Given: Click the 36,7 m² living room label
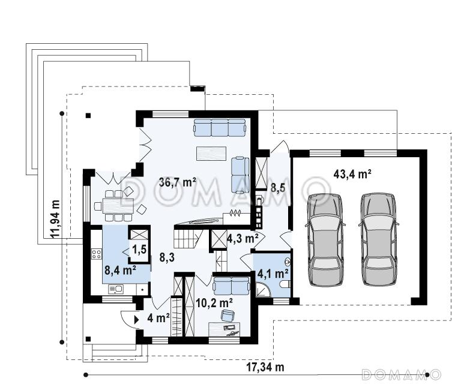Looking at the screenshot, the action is (178, 182).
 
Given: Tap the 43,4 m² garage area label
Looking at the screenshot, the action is (352, 174).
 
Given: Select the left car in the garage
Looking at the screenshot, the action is (325, 240).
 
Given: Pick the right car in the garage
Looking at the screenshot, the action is (378, 240).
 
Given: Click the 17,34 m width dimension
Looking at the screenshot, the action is (265, 367).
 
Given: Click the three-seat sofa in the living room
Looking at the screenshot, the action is (220, 127).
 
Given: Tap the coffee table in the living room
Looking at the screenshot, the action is (211, 153).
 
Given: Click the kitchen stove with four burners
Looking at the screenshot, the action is (96, 254).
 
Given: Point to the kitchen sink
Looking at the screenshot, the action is (116, 289).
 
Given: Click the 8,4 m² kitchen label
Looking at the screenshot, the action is (121, 271).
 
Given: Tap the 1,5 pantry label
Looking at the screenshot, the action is (139, 250).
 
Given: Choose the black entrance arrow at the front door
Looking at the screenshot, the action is (137, 319).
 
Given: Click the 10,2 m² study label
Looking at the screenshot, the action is (214, 303).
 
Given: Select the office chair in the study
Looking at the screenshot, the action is (228, 315).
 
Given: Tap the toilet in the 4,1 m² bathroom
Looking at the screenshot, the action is (285, 284).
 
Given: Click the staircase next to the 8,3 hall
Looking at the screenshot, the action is (189, 238).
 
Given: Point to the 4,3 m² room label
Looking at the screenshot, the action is (243, 238).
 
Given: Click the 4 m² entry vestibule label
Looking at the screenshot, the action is (158, 318).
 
